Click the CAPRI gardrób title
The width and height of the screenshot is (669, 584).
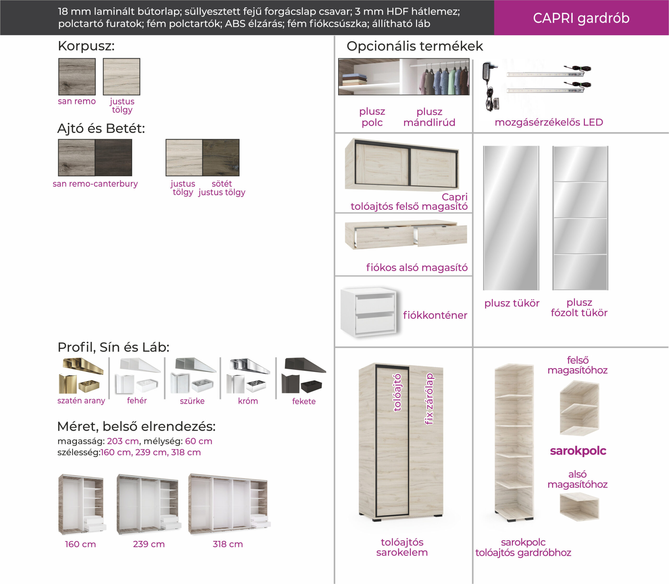[581, 18]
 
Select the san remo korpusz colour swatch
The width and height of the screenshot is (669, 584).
[77, 77]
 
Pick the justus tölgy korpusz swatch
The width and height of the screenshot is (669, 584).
[122, 77]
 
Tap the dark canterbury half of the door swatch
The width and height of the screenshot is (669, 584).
[113, 158]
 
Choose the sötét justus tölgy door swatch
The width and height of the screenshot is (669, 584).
[221, 158]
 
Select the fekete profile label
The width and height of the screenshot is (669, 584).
[304, 401]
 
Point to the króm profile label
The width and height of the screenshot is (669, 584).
[248, 401]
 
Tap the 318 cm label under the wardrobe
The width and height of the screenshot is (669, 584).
[228, 544]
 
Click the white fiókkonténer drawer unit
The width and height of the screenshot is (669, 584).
[369, 312]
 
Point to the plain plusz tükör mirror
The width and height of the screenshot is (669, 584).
[511, 218]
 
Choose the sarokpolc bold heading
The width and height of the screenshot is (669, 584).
[578, 451]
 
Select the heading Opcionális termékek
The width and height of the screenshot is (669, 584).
[415, 46]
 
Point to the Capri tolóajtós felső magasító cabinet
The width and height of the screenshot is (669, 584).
[402, 165]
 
